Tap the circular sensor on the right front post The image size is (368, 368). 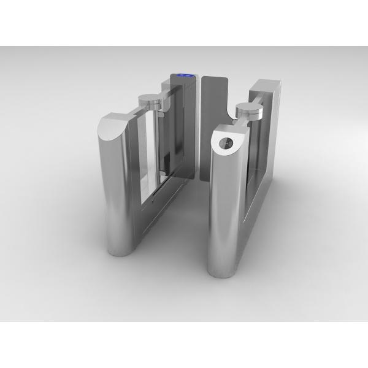[x=225, y=144]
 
